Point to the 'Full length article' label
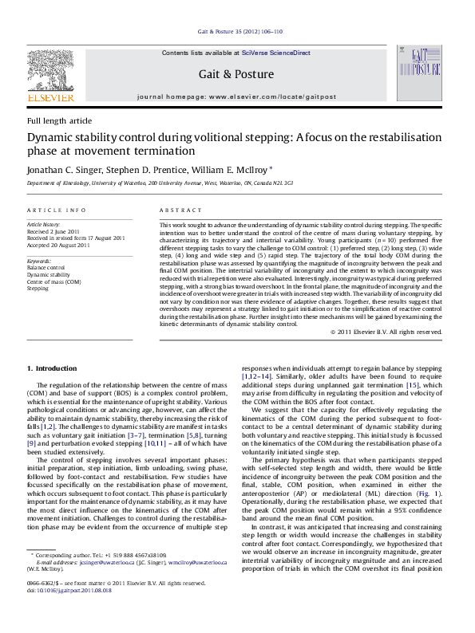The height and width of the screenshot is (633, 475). point(59,120)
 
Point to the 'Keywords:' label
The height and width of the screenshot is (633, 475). point(39,261)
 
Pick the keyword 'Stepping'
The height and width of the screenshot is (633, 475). point(38,288)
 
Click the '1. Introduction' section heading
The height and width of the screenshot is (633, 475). point(53,368)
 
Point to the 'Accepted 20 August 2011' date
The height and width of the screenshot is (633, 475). point(58,246)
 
